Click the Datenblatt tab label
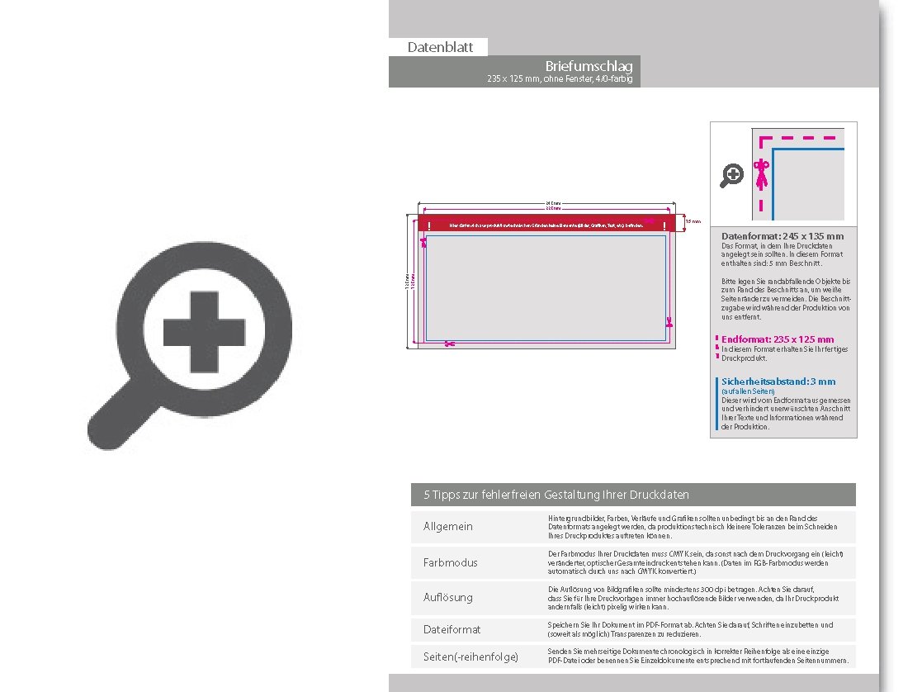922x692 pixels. (x=440, y=47)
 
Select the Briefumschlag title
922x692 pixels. (x=589, y=66)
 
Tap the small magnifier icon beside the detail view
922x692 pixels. (x=732, y=175)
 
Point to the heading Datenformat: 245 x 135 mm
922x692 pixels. (x=783, y=236)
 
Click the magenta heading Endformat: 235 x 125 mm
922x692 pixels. (x=778, y=339)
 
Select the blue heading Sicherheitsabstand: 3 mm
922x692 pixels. (x=778, y=382)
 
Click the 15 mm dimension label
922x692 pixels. (x=694, y=221)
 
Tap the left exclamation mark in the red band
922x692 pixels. (x=430, y=225)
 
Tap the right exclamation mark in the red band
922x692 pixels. (x=665, y=225)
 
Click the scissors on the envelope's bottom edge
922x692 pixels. (x=449, y=344)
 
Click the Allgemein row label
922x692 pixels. (x=448, y=527)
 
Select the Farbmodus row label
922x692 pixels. (x=450, y=562)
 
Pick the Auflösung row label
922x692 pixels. (x=448, y=597)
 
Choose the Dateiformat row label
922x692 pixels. (x=452, y=629)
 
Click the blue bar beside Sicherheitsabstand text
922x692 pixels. (x=715, y=405)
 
